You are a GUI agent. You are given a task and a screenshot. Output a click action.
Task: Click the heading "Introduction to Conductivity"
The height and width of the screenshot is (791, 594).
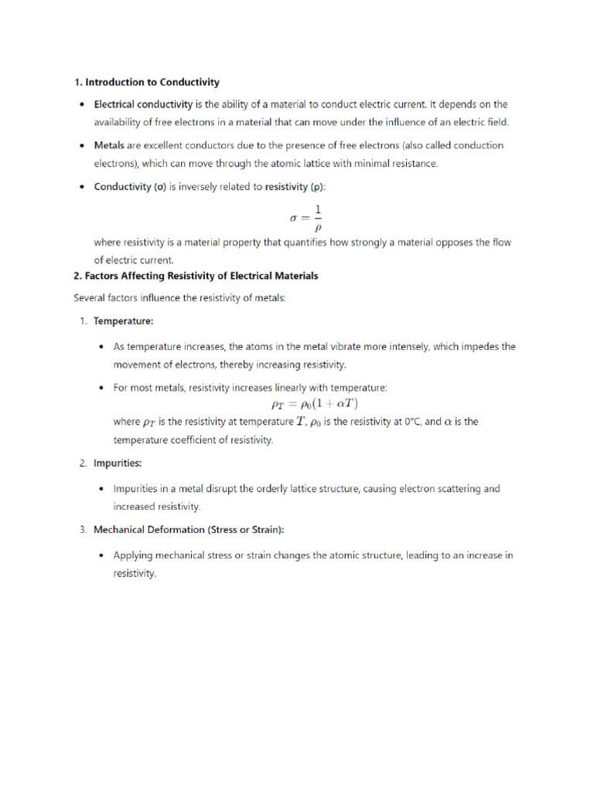tap(152, 82)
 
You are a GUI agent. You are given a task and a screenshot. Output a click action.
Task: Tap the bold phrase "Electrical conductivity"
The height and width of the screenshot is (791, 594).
tap(143, 104)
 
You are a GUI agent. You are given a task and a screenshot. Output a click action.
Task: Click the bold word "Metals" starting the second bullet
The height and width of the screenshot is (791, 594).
tap(109, 145)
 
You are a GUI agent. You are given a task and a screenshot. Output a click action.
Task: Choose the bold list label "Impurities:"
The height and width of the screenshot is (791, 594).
tap(118, 463)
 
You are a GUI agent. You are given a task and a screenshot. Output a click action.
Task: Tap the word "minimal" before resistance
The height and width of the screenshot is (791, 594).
tap(375, 163)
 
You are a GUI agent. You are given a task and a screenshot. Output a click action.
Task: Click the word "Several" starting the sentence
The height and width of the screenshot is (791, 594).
tap(90, 298)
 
